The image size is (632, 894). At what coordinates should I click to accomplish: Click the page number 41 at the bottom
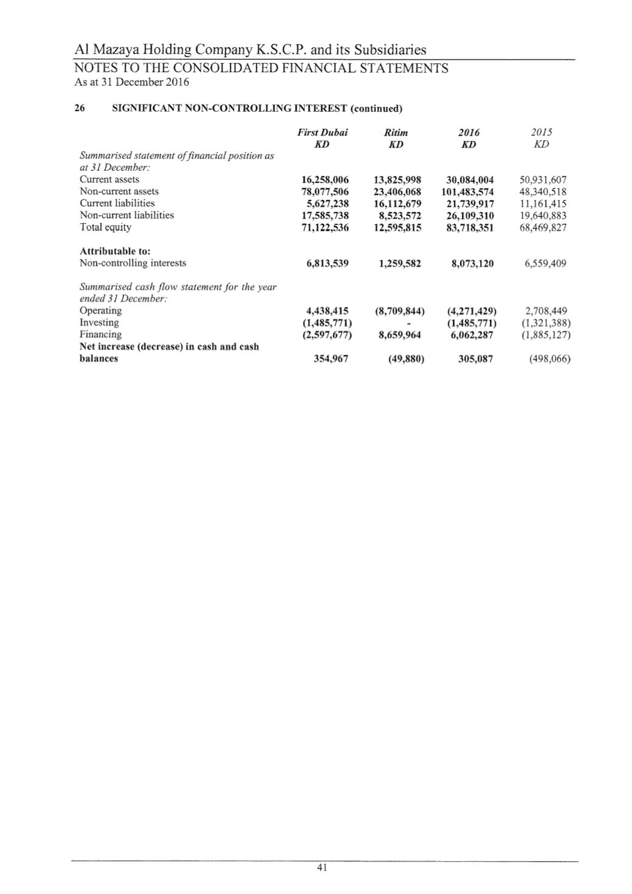(x=322, y=868)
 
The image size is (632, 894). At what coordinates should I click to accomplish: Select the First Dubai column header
(x=322, y=132)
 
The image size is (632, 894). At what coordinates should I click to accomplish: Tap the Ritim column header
(x=396, y=132)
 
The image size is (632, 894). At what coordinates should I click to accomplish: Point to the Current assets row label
(x=109, y=179)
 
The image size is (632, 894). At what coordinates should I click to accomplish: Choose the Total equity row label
(x=105, y=227)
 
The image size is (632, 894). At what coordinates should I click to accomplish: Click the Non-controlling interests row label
(x=133, y=263)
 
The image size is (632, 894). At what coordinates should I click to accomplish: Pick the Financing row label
(x=100, y=334)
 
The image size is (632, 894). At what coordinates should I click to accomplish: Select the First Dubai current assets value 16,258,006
(x=325, y=180)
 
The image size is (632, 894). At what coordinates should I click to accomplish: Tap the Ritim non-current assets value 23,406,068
(x=397, y=191)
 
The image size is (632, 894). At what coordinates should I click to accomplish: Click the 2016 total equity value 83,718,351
(x=470, y=227)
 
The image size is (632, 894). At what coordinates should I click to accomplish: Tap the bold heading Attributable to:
(x=115, y=251)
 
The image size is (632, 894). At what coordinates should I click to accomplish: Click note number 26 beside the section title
(x=79, y=109)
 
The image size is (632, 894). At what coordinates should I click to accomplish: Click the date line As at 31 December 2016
(x=132, y=82)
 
